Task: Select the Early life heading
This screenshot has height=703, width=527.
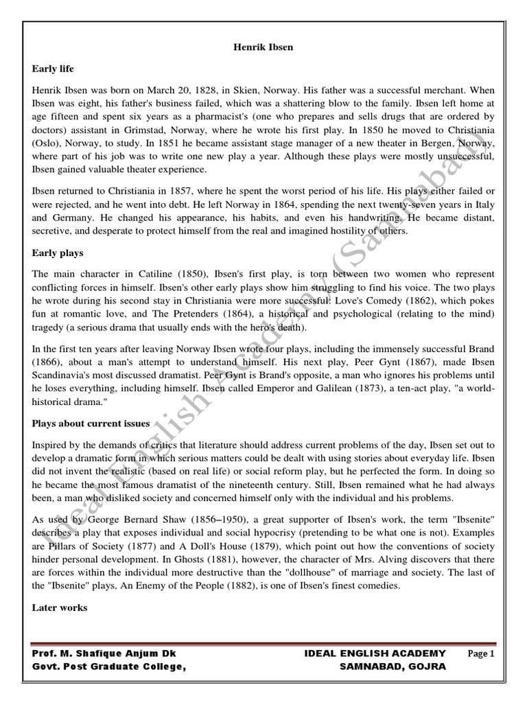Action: pos(53,69)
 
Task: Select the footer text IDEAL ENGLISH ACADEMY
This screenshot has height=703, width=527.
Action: pos(375,654)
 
